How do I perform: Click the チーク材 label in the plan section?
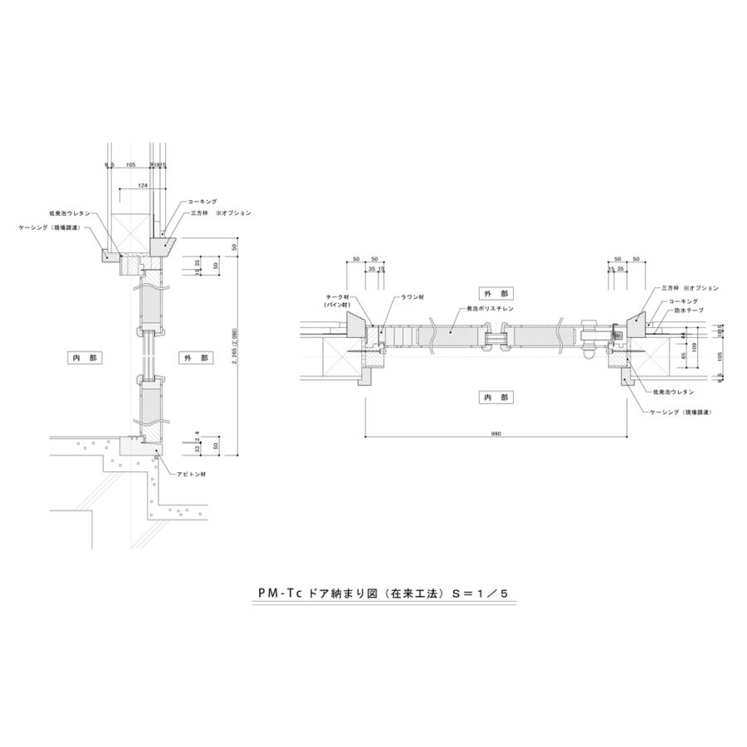[339, 297]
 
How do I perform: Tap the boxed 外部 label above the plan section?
[496, 293]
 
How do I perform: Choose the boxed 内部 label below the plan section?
[496, 398]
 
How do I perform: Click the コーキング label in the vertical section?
[203, 202]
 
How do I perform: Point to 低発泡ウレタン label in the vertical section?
[70, 213]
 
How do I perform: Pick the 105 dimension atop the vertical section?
[130, 165]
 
